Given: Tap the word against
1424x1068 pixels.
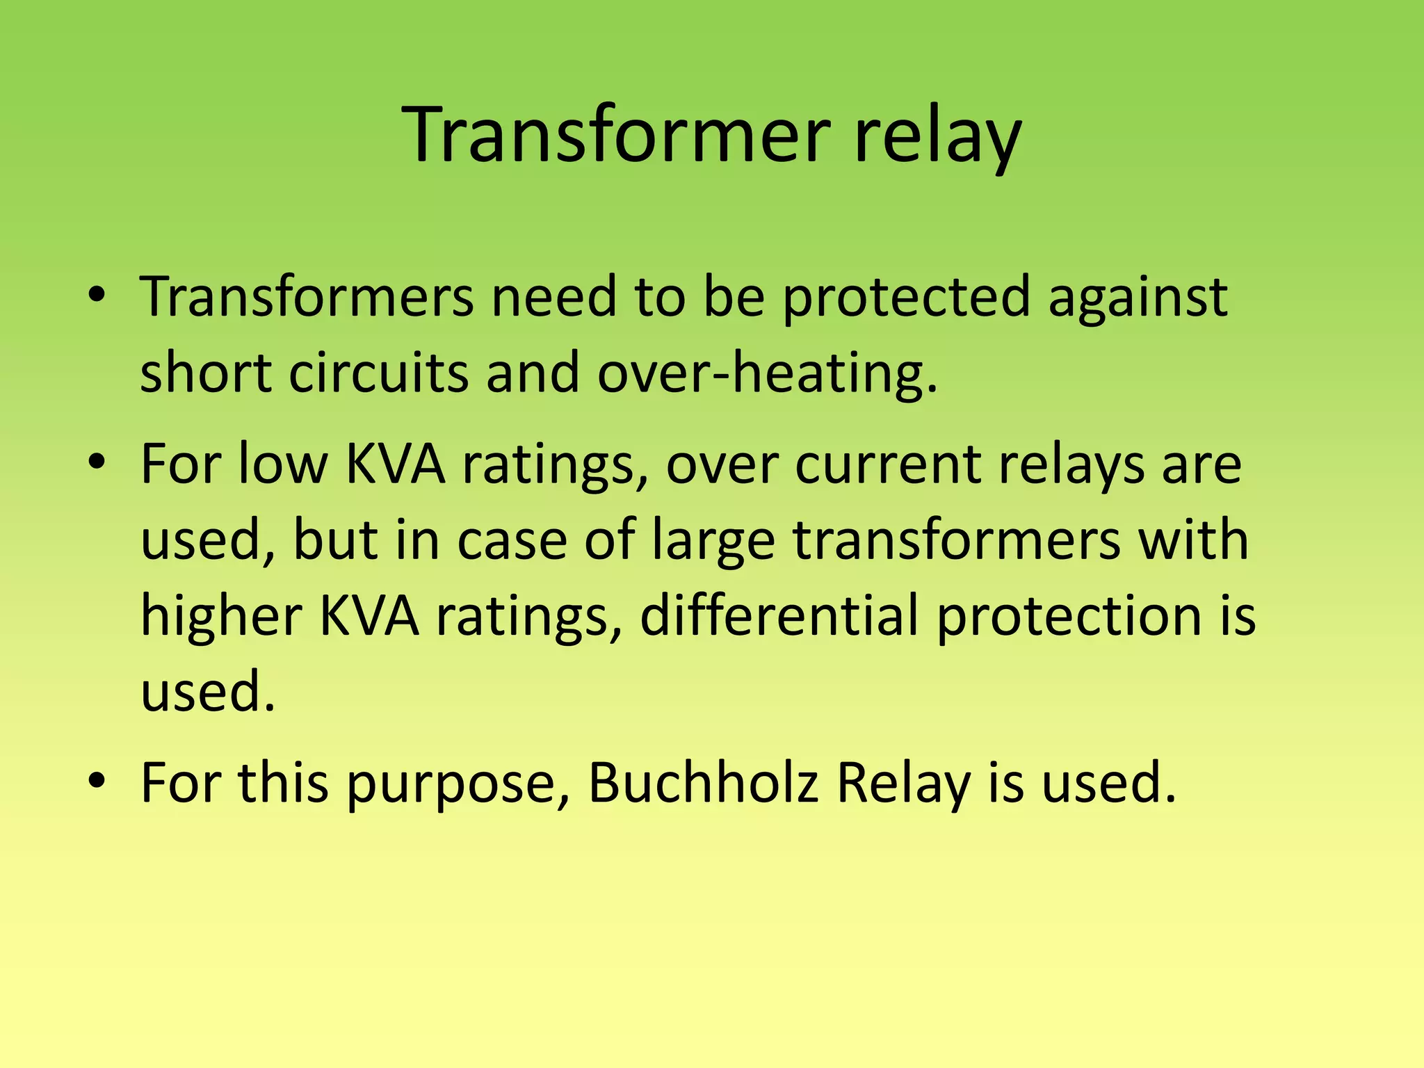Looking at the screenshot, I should [1138, 298].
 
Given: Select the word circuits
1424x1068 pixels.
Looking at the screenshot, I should [379, 373].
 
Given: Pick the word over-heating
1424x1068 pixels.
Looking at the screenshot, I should [768, 373].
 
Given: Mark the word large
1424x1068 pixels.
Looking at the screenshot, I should [713, 541].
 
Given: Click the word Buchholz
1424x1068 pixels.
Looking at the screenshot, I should [703, 782].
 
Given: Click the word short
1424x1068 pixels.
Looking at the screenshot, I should [206, 373].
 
